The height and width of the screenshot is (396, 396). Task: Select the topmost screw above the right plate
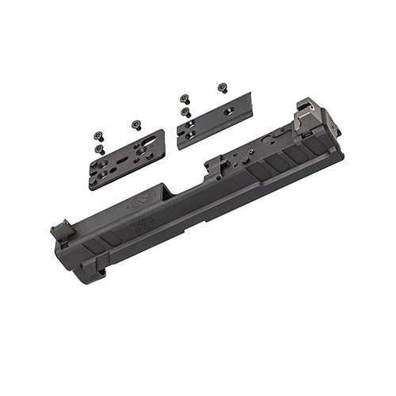[x=223, y=87]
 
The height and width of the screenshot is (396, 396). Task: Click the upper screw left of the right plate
[x=185, y=99]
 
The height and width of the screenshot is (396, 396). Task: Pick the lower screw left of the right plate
[x=185, y=112]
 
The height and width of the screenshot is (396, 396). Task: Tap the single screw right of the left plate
[x=136, y=124]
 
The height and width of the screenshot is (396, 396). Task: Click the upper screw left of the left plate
[x=99, y=135]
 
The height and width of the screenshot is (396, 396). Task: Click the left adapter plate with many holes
[x=127, y=159]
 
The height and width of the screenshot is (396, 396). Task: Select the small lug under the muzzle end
[x=100, y=272]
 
